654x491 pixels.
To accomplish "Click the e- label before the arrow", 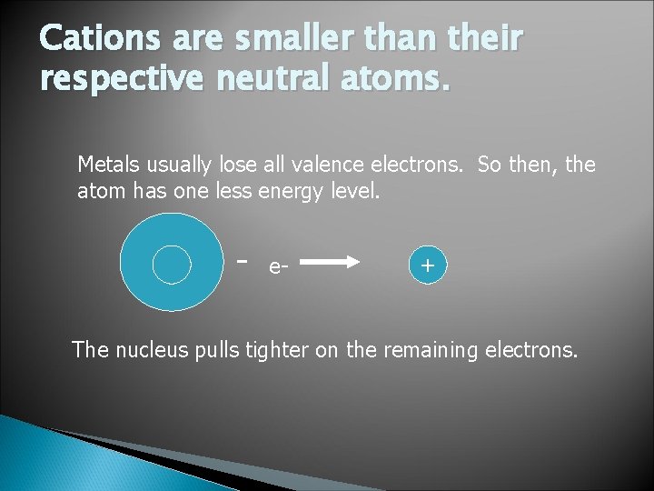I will [277, 267].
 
